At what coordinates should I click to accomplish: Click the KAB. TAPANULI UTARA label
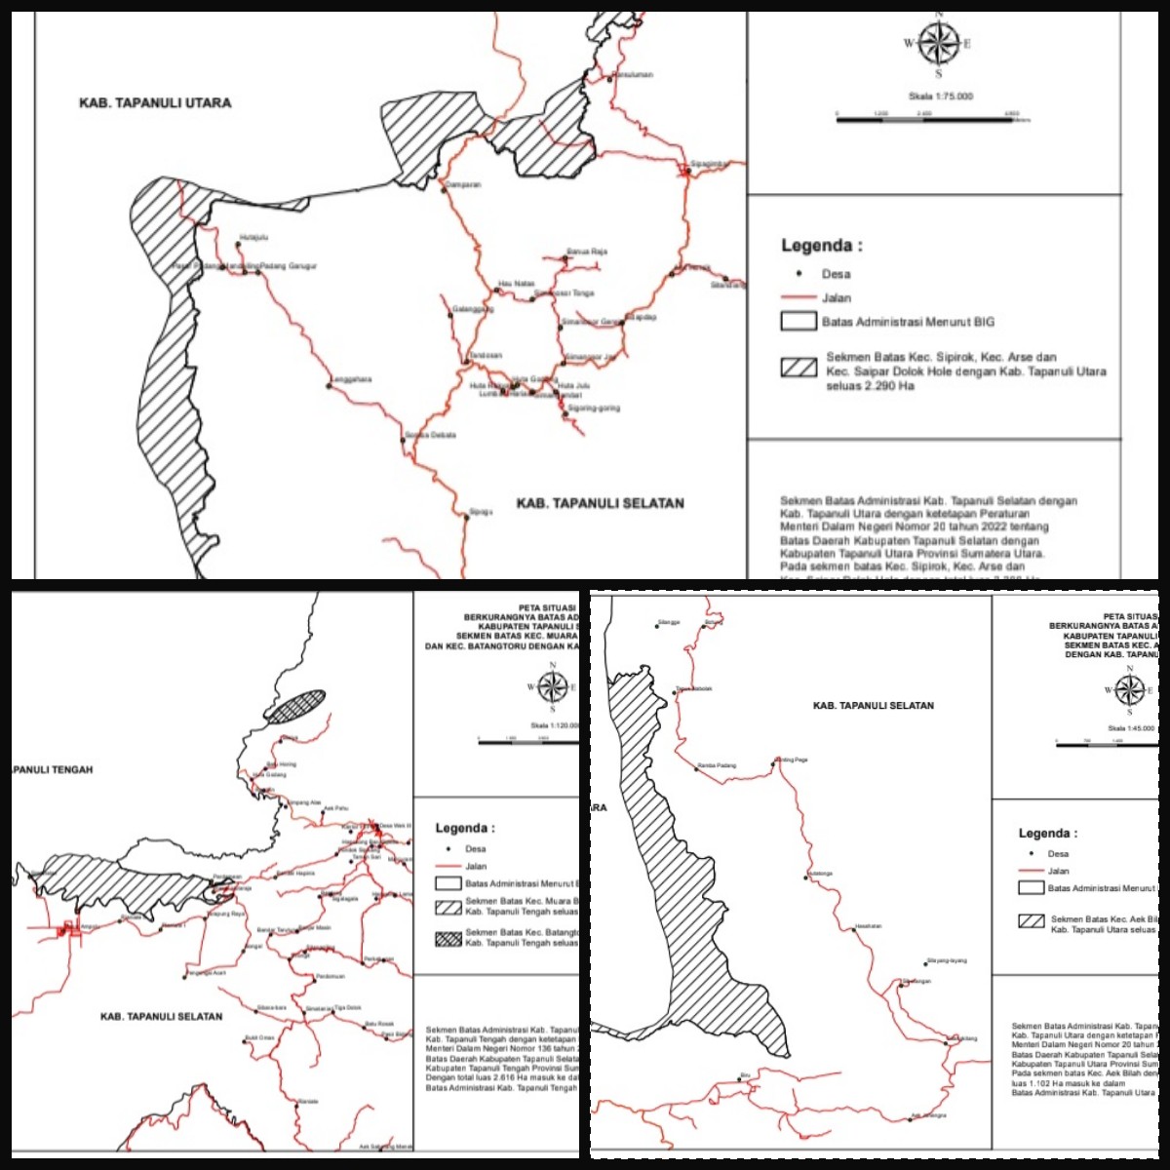coord(155,102)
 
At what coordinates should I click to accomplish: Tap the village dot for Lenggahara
coord(330,385)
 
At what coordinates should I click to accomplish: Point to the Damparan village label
coord(464,184)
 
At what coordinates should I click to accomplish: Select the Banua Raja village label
coord(587,252)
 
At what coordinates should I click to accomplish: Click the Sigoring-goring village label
coord(594,408)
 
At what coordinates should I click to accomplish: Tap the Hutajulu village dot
coord(239,244)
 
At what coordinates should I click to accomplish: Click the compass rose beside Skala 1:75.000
coord(939,43)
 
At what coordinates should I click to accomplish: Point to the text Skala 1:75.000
coord(941,97)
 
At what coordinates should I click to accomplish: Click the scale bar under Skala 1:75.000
coord(926,119)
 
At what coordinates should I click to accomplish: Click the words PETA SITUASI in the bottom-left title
coord(547,607)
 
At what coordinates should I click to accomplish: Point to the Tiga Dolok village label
coord(348,1007)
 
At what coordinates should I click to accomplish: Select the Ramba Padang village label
coord(718,765)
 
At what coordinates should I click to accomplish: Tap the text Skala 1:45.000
coord(1131,728)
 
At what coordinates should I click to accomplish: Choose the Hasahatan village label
coord(868,925)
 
